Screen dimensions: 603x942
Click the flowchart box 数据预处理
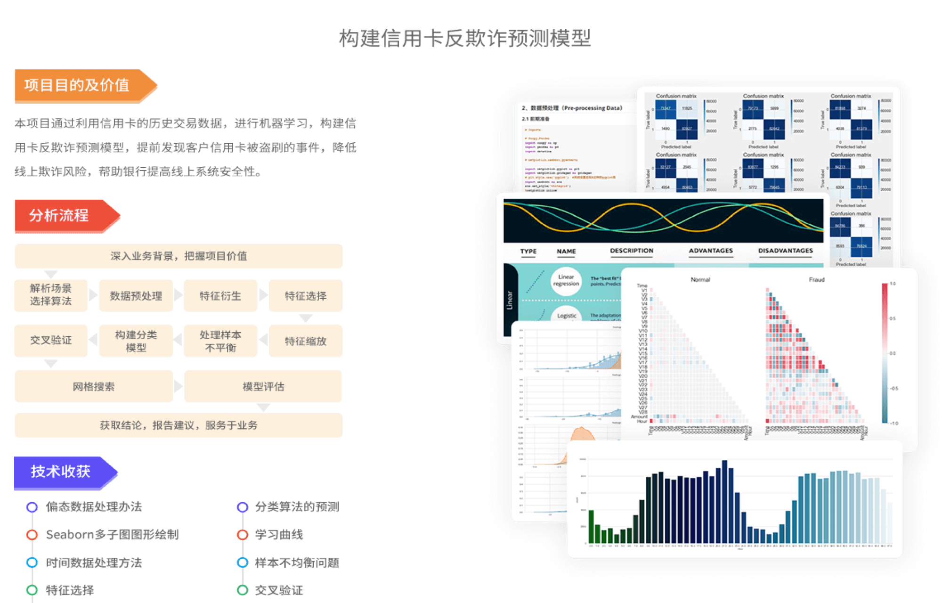[x=136, y=296]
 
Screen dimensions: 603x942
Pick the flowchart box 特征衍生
[x=220, y=296]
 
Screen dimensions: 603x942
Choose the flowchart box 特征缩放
[x=305, y=341]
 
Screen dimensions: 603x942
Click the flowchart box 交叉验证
[x=51, y=340]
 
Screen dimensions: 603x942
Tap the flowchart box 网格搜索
[x=93, y=386]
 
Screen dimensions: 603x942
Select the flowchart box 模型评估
[x=263, y=386]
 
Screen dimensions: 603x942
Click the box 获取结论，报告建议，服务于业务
[x=179, y=425]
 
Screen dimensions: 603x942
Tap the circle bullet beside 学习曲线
[x=243, y=535]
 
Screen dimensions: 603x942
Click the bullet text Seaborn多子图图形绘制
[x=112, y=535]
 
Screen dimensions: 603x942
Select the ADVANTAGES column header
[x=711, y=251]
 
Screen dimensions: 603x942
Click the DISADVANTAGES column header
[x=785, y=251]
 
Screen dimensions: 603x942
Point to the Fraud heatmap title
[x=817, y=279]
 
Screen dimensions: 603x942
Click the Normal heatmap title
[x=700, y=279]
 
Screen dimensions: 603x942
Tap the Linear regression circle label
[x=566, y=281]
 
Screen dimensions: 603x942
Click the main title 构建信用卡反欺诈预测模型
[x=465, y=38]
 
